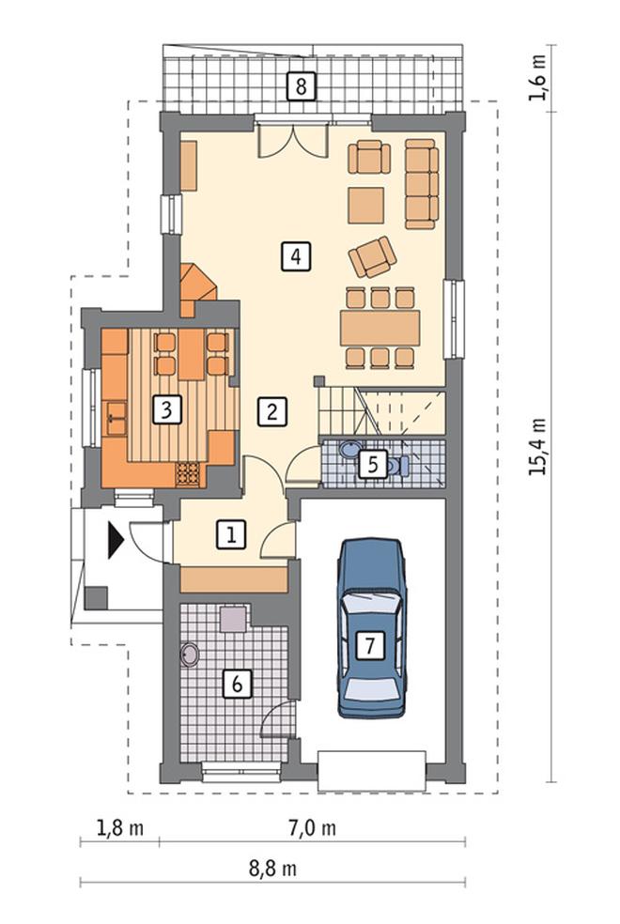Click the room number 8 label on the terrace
click(x=301, y=86)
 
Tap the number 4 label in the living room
click(x=296, y=256)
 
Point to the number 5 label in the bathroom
click(x=373, y=465)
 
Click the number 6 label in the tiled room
click(x=238, y=684)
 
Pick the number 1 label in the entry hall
click(x=231, y=535)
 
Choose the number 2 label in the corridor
click(x=271, y=411)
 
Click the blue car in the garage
click(x=372, y=627)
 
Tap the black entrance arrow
click(x=115, y=540)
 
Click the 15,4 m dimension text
click(x=537, y=447)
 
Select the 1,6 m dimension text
click(x=537, y=77)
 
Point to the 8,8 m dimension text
click(x=272, y=868)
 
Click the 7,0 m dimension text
click(x=313, y=828)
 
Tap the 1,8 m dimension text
click(x=119, y=828)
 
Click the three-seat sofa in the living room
click(x=422, y=183)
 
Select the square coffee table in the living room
click(x=366, y=205)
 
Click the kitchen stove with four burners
click(x=189, y=474)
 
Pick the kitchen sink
click(x=115, y=418)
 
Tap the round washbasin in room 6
click(x=190, y=654)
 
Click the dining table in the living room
click(x=380, y=329)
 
